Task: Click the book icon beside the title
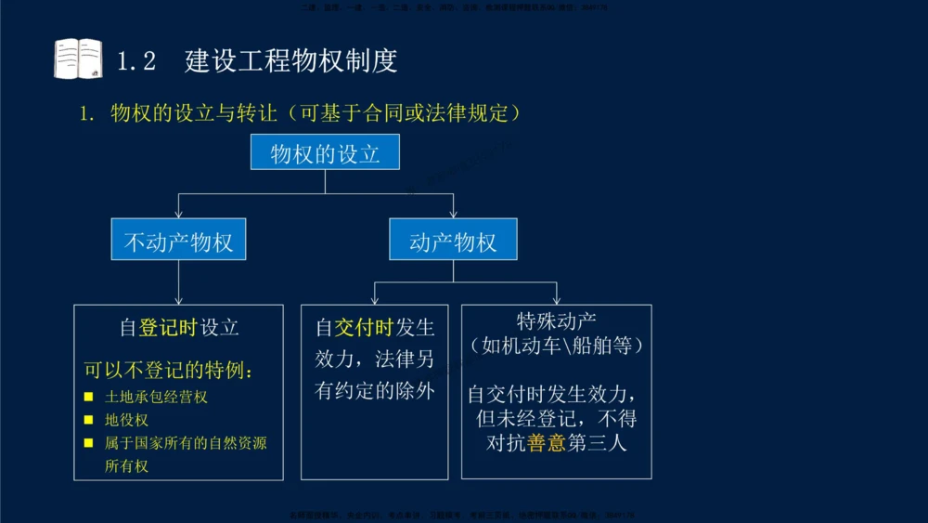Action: (78, 59)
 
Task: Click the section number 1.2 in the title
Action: (136, 61)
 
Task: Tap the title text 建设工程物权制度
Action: (291, 61)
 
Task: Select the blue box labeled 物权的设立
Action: (325, 152)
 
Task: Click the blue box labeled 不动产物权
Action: (178, 242)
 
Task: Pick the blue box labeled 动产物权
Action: (453, 242)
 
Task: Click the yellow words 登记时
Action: (168, 327)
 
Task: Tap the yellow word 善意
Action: (546, 443)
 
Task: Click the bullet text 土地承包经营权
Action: (156, 397)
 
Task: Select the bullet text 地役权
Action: (126, 420)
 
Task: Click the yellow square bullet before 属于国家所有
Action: (89, 443)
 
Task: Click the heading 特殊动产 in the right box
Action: (556, 321)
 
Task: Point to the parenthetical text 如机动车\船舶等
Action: (556, 346)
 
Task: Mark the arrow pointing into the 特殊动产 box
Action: (557, 298)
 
